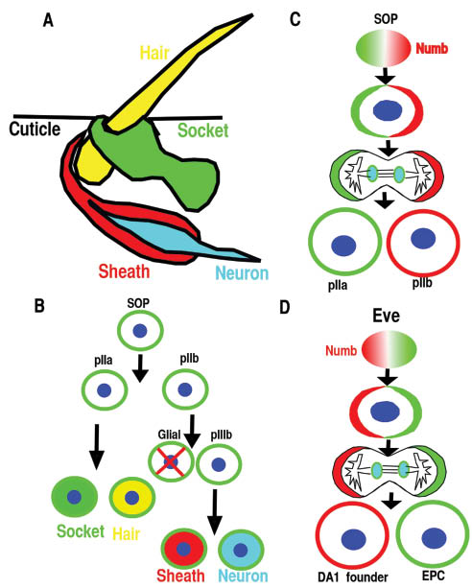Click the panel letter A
49,17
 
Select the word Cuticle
34,131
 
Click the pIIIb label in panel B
219,434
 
